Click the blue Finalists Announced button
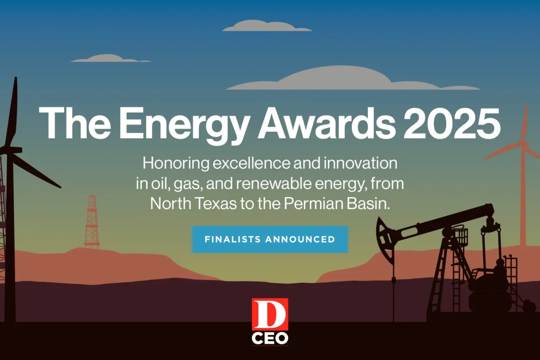point(270,239)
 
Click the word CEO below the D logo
point(270,338)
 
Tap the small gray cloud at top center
point(266,26)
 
